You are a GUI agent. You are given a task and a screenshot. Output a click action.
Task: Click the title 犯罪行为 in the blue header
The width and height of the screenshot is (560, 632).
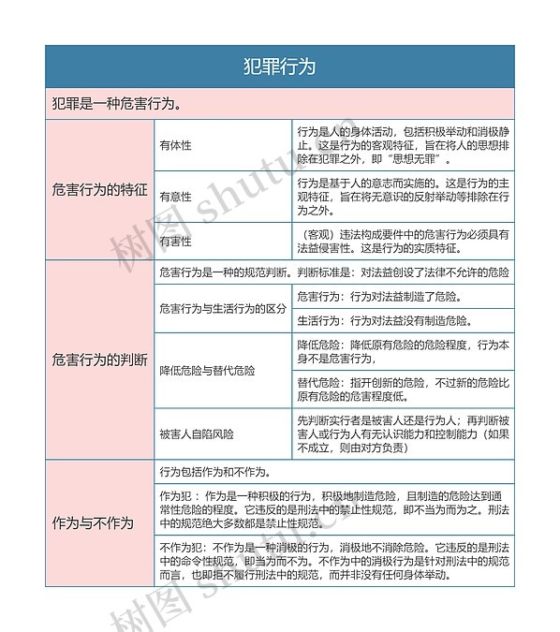coord(279,66)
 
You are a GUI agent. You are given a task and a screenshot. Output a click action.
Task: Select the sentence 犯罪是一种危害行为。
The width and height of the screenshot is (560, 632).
coord(117,103)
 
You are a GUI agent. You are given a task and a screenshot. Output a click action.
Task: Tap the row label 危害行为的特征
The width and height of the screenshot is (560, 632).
coord(100,189)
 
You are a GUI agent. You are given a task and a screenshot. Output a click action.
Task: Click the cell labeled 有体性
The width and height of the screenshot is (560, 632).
coord(176,145)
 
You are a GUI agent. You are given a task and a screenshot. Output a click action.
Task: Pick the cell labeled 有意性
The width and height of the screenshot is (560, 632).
coord(176,197)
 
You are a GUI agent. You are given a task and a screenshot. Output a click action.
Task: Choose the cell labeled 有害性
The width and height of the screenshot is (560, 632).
coord(176,241)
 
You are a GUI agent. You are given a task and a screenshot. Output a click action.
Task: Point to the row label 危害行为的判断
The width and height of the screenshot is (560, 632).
coord(100,360)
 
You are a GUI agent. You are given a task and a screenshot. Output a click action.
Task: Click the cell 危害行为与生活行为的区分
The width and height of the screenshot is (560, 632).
coord(222,308)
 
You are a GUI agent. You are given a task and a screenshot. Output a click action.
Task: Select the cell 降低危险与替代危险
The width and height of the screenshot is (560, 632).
coord(207,371)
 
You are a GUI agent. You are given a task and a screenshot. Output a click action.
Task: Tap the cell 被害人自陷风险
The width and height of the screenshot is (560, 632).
coord(197,434)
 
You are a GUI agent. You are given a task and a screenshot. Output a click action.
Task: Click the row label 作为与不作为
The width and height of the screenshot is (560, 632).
coord(94,523)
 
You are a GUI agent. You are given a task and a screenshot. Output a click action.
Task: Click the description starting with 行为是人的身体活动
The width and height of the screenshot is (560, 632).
coord(403,145)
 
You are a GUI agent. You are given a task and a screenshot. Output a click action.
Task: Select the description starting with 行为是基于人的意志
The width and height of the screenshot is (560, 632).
coord(403,197)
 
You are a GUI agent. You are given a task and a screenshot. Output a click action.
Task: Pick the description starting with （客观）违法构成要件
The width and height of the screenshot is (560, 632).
coord(403,241)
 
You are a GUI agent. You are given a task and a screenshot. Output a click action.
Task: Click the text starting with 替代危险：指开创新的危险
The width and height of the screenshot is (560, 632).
coord(403,389)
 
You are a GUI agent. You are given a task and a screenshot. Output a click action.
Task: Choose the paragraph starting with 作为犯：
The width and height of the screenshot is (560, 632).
coord(334,508)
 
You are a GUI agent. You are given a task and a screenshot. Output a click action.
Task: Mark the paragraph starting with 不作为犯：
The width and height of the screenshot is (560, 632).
coord(334,560)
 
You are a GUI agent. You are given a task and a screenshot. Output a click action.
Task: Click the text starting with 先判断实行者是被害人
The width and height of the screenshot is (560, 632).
coord(403,434)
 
